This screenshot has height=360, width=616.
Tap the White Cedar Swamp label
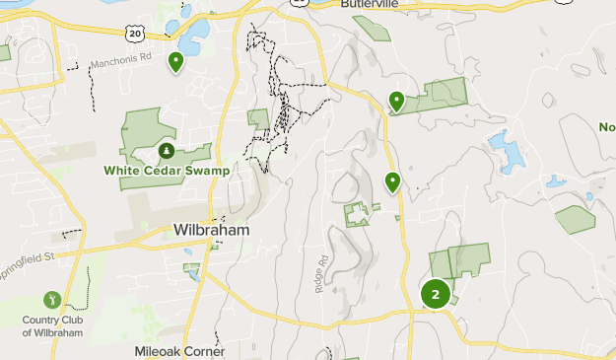coord(167,170)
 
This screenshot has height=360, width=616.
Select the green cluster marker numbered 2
coord(435,294)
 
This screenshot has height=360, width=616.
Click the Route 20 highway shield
coord(135,34)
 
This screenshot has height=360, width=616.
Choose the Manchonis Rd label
coord(119,63)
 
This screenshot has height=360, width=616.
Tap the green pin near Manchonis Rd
coord(176,62)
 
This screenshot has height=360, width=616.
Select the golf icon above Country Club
coord(51,298)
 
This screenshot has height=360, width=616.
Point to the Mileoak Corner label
coord(179,350)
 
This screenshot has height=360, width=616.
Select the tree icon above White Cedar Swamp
coord(167,151)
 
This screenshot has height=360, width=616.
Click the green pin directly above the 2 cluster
coord(392,181)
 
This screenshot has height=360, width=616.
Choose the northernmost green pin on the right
coord(397,100)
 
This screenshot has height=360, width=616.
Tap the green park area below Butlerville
coord(372,28)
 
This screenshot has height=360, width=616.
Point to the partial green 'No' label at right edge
coord(606,126)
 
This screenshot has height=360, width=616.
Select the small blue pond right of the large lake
coord(557,181)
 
